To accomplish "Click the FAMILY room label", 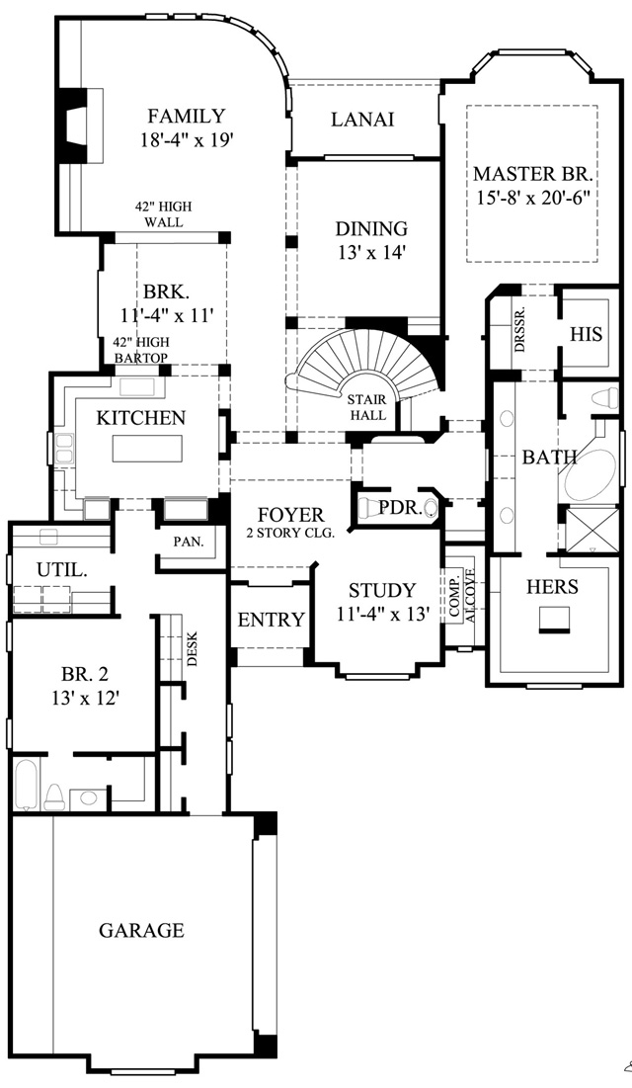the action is click(187, 116).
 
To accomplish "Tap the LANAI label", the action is click(362, 120).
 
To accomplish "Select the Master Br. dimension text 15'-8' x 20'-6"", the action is click(533, 197).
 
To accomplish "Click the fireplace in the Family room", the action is click(80, 126).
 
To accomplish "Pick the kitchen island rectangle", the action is click(148, 449).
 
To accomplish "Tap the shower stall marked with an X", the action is click(592, 530).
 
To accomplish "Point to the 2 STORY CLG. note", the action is click(290, 534).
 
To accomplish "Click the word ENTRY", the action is click(271, 620).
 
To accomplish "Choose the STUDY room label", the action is click(381, 591).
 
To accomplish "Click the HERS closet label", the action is click(552, 587).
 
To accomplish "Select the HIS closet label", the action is click(587, 334).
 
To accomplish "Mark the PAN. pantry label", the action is click(188, 542).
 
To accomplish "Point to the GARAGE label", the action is click(141, 930).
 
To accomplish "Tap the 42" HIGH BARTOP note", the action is click(141, 350).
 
